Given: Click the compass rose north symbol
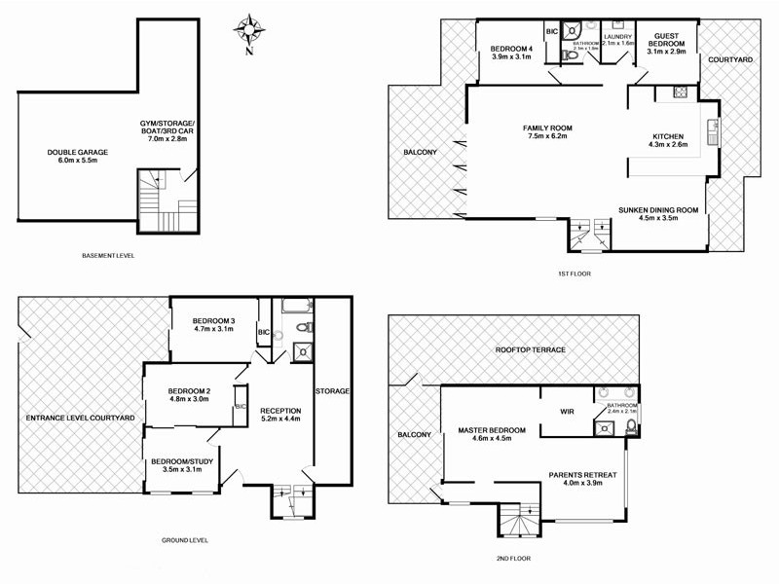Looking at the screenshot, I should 250,28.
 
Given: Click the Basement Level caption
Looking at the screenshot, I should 109,256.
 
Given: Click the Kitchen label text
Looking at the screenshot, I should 667,140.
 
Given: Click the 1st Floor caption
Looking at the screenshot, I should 575,274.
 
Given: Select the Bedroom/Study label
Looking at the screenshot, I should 183,464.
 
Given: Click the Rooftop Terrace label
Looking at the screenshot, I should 530,349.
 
